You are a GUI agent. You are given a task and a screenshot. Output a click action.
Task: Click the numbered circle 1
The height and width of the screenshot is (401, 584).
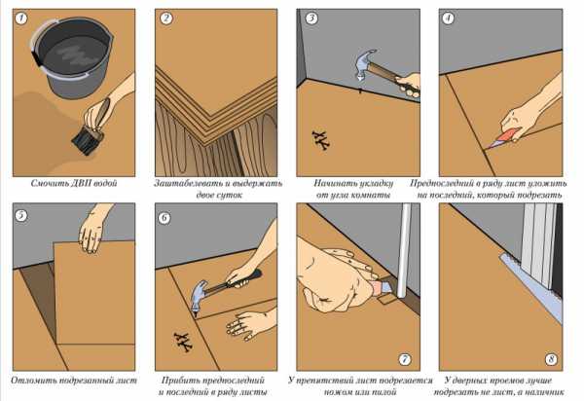tap(21, 18)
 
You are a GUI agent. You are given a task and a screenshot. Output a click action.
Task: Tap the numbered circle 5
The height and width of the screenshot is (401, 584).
tap(21, 215)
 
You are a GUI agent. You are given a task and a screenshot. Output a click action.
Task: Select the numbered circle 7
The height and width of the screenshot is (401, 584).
tap(405, 359)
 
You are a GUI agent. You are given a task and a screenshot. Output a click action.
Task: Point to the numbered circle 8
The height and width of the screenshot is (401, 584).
tap(551, 359)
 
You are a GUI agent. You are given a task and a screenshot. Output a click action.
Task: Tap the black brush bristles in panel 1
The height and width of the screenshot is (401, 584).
tap(87, 140)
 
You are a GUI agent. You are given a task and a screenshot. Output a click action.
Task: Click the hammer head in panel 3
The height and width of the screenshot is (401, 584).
tap(364, 65)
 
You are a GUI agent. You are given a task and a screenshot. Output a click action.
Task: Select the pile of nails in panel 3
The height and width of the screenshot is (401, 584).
tap(320, 140)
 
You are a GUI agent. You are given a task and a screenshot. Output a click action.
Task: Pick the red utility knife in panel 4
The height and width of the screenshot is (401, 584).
tap(503, 138)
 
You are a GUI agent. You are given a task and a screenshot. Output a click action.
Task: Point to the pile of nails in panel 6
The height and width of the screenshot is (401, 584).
tap(183, 343)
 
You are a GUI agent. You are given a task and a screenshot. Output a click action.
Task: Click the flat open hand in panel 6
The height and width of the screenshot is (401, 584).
tap(248, 324)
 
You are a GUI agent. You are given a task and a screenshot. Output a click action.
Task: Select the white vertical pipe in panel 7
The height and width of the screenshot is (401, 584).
tap(404, 250)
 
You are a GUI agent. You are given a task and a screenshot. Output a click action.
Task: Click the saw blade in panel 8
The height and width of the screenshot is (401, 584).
tap(531, 287)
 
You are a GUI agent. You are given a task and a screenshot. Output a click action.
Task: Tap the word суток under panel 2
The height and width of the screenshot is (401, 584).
tap(219, 195)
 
